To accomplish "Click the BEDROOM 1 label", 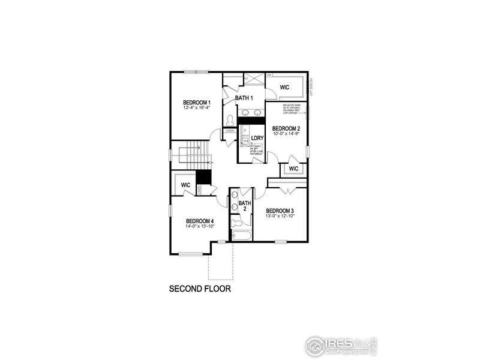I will pos(197,103).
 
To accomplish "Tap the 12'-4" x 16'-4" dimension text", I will pos(197,108).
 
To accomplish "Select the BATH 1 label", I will pos(244,98).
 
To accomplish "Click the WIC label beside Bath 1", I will pos(284,88).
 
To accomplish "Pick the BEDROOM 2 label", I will pos(286,128).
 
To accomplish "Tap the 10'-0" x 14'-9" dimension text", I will pos(286,134).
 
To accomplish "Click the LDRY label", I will pos(257,138).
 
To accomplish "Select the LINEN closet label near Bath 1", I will pos(230,130).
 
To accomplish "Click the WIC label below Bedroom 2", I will pos(293,169).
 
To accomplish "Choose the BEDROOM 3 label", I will pos(280,210).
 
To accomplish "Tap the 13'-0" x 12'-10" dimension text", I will pos(280,216).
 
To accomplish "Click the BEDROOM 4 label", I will pos(200,220).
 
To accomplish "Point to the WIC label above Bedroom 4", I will pos(185,184).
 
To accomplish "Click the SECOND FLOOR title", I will pos(200,289).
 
